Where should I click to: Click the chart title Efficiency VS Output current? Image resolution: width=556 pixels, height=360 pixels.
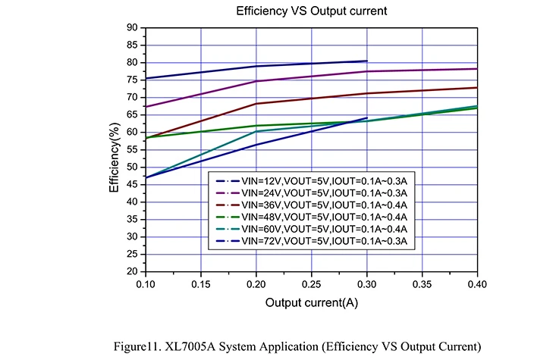311,11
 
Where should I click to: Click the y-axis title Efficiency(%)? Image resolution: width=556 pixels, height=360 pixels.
114,149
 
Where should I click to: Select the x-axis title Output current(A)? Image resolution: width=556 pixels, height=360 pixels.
311,302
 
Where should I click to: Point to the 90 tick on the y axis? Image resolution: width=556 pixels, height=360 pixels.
133,28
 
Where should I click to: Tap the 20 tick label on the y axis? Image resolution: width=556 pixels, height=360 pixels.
133,271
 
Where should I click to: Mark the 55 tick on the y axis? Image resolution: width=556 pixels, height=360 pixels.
133,149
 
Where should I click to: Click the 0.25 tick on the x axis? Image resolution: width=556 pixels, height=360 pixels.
311,282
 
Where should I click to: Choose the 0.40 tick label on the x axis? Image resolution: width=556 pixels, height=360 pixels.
476,282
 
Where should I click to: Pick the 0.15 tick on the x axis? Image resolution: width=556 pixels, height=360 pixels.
200,282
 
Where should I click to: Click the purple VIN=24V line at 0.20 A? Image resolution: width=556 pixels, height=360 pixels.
256,81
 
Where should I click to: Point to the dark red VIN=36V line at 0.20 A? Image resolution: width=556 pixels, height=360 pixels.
256,104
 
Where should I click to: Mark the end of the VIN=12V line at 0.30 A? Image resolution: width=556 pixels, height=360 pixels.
366,61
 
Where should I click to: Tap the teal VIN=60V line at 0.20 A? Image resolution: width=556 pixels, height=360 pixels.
256,131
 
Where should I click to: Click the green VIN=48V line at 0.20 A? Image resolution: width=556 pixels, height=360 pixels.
256,125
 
